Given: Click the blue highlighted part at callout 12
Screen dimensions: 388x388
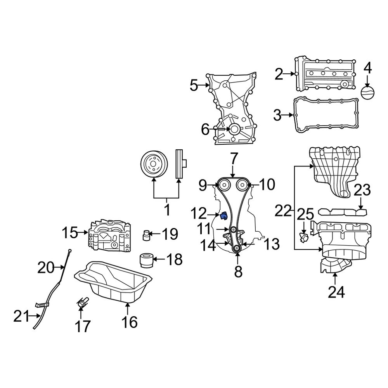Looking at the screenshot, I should (x=223, y=216).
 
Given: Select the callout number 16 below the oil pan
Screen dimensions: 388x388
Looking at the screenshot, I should (x=129, y=322).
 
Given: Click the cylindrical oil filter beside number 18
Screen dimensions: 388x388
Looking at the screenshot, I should (x=147, y=260).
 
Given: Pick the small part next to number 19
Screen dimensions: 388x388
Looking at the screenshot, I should (x=146, y=235).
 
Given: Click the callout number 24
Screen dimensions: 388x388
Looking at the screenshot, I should (x=336, y=292).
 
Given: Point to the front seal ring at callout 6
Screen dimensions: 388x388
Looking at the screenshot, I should (x=235, y=130).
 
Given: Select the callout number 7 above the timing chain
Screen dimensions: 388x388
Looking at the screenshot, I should (x=233, y=159).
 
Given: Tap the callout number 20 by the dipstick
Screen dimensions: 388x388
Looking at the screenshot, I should (x=47, y=267).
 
